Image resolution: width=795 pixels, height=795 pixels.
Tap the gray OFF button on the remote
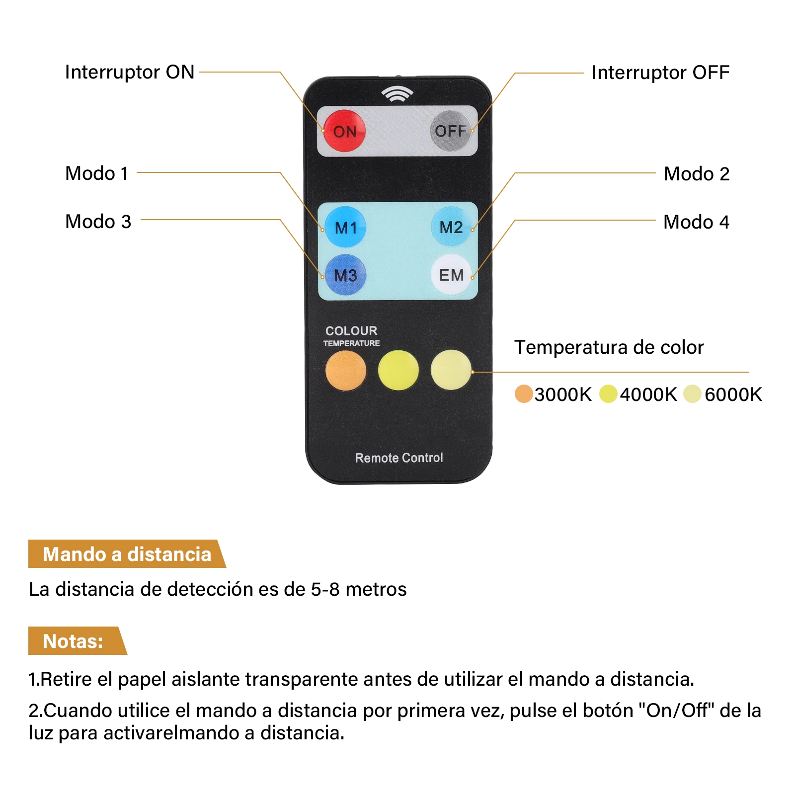450,131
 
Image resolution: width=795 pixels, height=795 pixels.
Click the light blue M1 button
345,227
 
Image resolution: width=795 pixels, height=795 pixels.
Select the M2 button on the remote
451,227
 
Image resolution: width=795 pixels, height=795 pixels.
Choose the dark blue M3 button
345,275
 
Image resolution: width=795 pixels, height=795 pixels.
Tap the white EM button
451,274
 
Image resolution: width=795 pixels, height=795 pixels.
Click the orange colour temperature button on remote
346,371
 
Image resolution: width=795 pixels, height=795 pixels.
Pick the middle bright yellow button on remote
398,370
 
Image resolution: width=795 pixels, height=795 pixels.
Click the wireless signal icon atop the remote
397,93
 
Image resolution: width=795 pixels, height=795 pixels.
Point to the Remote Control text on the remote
399,458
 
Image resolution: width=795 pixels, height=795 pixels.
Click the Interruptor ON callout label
130,72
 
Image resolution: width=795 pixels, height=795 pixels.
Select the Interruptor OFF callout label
660,73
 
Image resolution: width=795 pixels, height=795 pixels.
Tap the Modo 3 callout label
98,222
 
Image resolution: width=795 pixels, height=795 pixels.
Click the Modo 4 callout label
697,222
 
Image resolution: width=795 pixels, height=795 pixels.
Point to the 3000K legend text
563,395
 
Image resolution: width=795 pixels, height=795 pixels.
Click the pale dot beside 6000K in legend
692,394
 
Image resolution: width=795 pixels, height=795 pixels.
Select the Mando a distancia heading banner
127,554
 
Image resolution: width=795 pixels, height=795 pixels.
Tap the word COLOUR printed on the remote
351,331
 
